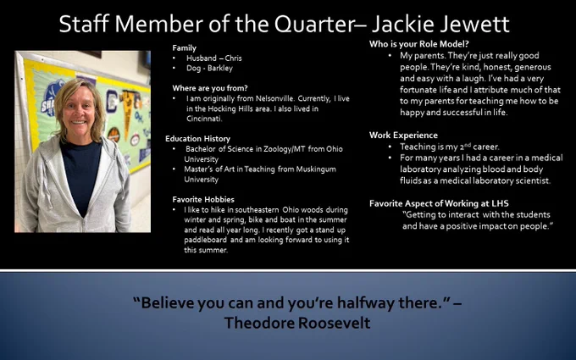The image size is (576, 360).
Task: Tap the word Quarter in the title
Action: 316,25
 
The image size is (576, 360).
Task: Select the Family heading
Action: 185,47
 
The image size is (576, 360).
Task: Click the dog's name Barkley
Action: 220,68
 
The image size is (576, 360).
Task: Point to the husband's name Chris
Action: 233,58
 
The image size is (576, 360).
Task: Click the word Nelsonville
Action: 274,98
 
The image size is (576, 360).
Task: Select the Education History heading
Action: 197,138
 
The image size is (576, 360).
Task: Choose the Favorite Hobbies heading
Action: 203,199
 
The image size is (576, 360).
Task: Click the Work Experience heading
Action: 403,136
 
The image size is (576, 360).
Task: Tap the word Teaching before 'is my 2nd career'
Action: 413,147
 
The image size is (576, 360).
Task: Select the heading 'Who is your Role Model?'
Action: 419,44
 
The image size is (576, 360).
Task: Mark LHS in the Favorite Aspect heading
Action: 500,203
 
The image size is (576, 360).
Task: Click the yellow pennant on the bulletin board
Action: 127,110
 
